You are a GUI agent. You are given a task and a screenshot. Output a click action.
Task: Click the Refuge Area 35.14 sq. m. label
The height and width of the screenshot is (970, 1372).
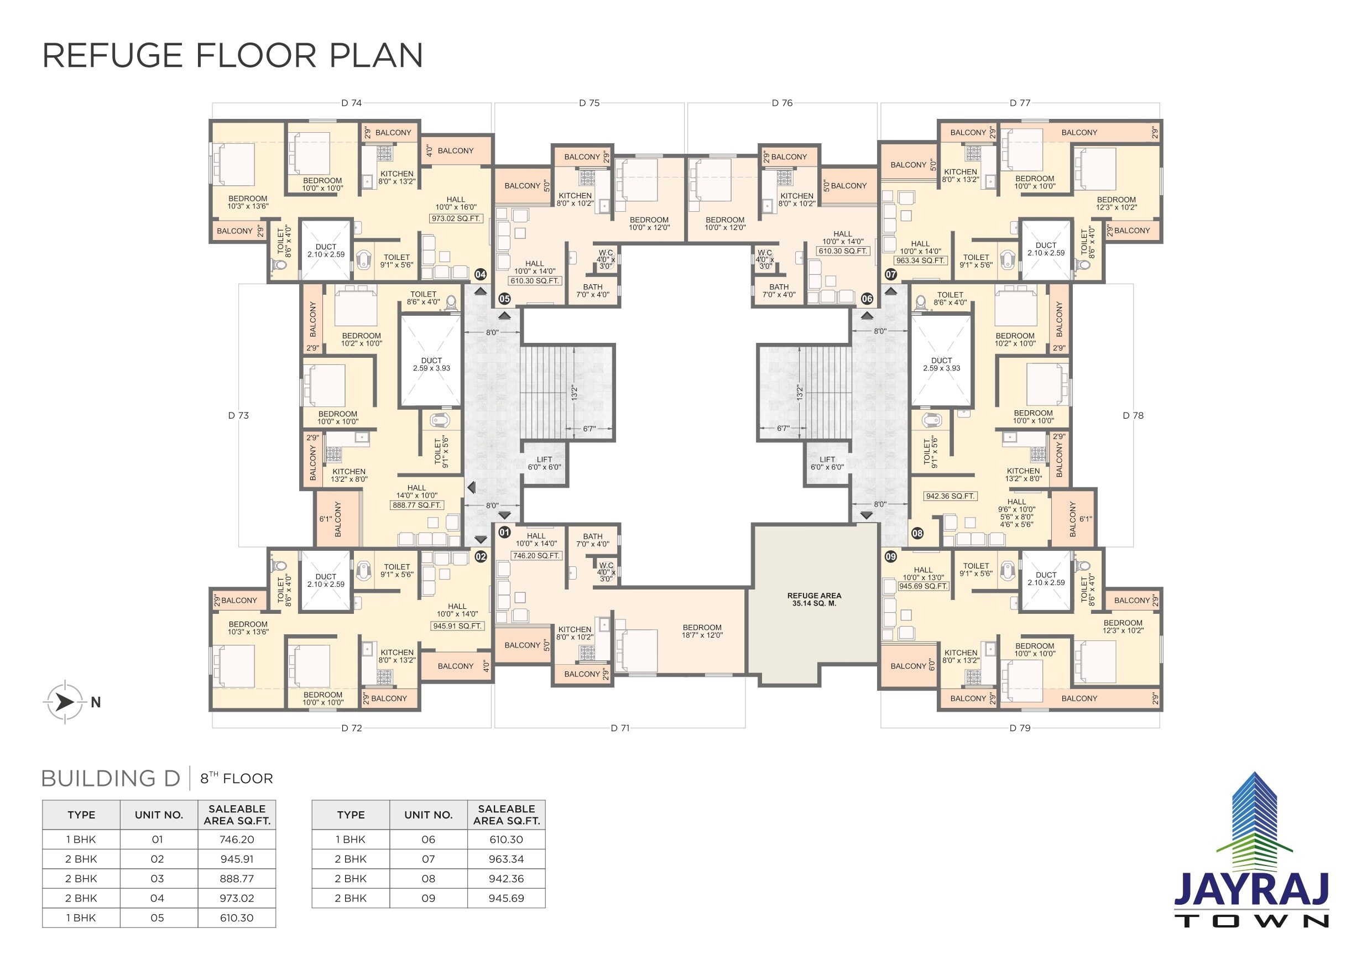click(814, 599)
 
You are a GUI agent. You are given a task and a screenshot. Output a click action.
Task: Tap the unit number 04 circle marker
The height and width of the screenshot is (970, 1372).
click(481, 274)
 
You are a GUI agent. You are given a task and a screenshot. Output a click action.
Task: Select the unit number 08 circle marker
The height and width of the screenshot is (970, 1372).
click(917, 533)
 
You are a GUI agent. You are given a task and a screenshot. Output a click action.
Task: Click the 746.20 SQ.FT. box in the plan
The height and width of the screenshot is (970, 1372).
click(536, 556)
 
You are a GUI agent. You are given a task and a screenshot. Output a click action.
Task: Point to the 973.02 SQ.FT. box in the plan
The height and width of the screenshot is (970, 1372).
click(456, 219)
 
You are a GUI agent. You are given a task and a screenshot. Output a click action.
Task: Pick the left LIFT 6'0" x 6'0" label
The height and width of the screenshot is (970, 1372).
click(544, 463)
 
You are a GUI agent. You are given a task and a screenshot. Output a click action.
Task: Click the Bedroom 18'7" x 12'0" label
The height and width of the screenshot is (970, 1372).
click(702, 631)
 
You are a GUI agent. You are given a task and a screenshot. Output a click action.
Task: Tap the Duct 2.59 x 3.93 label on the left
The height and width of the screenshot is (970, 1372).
click(431, 364)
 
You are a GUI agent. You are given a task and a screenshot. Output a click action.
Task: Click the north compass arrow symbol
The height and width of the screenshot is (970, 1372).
click(65, 702)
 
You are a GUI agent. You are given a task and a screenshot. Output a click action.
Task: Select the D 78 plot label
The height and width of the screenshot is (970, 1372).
click(1133, 415)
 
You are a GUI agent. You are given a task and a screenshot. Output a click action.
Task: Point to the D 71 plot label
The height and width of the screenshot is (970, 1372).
click(620, 728)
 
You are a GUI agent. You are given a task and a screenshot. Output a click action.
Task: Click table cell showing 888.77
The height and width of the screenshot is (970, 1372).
click(237, 879)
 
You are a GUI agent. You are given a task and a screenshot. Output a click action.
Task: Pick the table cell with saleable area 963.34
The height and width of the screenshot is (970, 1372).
click(506, 859)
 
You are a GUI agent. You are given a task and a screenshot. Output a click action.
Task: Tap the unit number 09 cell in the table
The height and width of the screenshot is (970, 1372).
click(429, 898)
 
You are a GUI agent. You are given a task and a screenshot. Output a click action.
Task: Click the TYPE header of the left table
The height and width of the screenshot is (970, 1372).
click(81, 815)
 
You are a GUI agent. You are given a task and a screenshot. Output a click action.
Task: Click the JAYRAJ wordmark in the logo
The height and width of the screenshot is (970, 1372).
click(1251, 889)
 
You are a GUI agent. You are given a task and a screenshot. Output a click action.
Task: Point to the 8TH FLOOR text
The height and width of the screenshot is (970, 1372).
click(236, 778)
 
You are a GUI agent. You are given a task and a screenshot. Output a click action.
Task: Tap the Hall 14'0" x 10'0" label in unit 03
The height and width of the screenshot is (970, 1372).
click(416, 491)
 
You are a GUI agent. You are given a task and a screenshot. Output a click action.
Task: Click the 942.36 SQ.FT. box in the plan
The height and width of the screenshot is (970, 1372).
click(950, 496)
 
